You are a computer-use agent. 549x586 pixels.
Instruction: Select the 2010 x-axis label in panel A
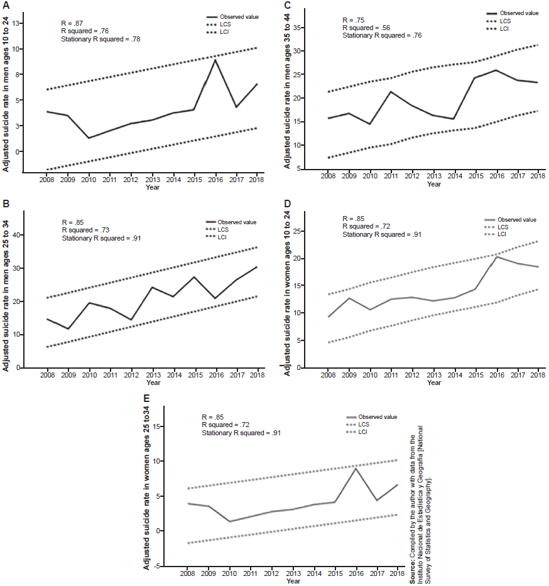pyautogui.click(x=89, y=180)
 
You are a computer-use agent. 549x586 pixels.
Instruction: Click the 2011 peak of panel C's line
pyautogui.click(x=390, y=92)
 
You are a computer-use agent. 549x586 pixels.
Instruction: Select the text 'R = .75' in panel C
pyautogui.click(x=353, y=20)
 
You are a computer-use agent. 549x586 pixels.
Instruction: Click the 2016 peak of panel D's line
pyautogui.click(x=496, y=256)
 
